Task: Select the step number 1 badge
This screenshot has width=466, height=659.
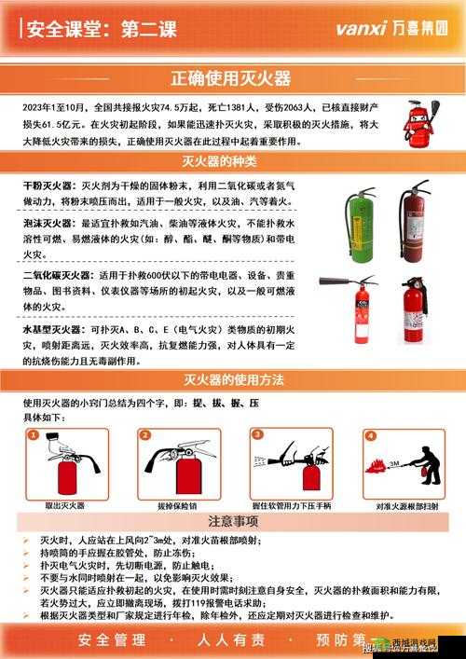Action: [x=34, y=435]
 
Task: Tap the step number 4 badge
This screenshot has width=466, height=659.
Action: [x=370, y=435]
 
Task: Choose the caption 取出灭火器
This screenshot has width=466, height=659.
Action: [x=65, y=505]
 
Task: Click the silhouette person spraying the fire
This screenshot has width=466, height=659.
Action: [x=427, y=466]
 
